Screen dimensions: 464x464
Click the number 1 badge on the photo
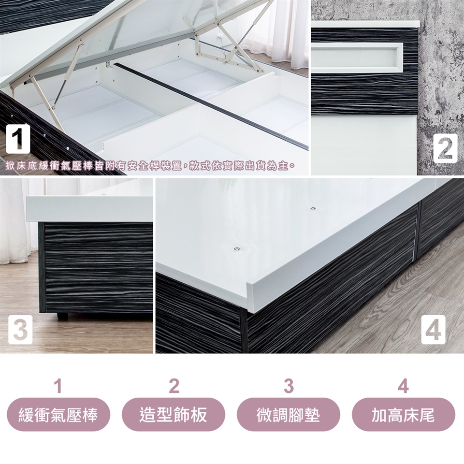click(x=18, y=139)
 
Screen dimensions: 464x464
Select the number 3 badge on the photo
click(x=20, y=329)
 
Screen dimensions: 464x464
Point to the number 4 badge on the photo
click(x=433, y=329)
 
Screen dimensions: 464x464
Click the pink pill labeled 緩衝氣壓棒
click(x=58, y=414)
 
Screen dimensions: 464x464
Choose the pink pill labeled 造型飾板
click(x=174, y=414)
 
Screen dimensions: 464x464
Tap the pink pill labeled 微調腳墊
click(x=289, y=414)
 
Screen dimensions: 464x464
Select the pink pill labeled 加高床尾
click(x=404, y=414)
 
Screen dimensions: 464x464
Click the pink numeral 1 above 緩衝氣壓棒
click(x=58, y=386)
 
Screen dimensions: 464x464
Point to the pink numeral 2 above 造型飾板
click(x=174, y=386)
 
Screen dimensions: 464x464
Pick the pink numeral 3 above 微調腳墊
click(x=289, y=386)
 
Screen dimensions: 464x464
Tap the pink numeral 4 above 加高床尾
click(x=404, y=386)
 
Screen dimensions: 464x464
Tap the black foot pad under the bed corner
click(x=62, y=316)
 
